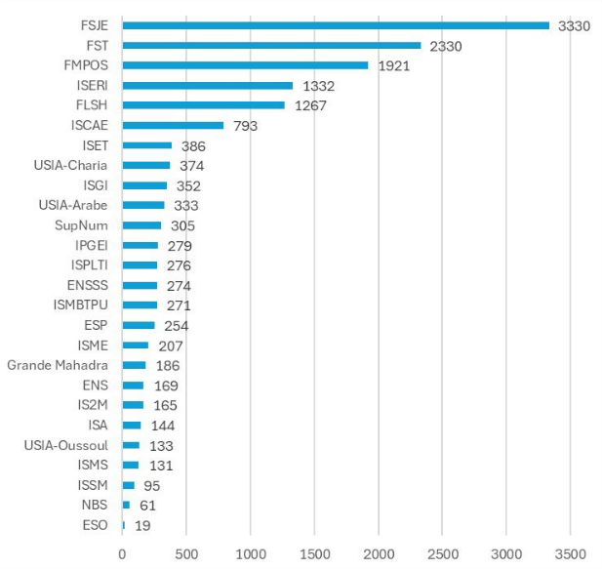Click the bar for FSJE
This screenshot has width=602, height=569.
[x=336, y=25]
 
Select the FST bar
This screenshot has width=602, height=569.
[x=271, y=45]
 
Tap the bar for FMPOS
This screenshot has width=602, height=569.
[x=245, y=65]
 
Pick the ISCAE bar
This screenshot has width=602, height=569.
[x=173, y=125]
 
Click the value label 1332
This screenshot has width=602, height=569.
[x=318, y=86]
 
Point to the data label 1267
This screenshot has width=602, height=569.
[x=310, y=105]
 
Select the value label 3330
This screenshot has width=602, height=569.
[x=574, y=25]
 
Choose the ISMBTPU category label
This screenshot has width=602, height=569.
[x=81, y=305]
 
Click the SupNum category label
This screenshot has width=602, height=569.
[x=87, y=225]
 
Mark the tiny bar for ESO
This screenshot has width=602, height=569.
[x=124, y=525]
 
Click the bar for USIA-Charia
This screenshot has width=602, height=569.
[x=146, y=165]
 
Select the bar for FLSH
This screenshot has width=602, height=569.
[x=204, y=105]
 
